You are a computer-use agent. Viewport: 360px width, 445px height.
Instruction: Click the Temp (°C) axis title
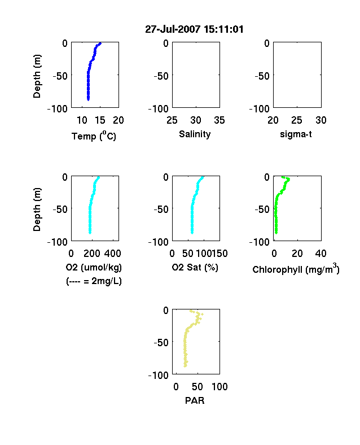pos(94,136)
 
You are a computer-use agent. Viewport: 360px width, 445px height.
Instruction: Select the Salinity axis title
pos(195,134)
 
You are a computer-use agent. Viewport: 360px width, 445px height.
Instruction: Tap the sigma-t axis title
pos(296,134)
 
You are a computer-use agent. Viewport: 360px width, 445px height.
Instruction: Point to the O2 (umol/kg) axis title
pos(94,267)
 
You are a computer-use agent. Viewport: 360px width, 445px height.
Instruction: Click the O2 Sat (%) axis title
pos(195,267)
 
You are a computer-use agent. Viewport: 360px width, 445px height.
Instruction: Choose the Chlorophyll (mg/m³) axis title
pos(296,269)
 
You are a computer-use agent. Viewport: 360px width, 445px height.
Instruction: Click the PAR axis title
pos(195,400)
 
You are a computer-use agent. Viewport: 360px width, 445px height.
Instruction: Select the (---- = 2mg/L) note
pos(94,281)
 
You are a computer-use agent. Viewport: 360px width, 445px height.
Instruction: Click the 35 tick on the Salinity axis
pos(219,120)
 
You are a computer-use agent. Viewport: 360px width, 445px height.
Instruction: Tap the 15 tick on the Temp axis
pos(100,120)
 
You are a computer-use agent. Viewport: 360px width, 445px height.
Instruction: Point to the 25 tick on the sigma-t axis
pos(296,120)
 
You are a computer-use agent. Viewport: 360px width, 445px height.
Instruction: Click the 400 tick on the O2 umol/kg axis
pos(112,254)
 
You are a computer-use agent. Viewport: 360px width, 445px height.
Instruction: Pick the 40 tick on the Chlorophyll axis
pos(321,254)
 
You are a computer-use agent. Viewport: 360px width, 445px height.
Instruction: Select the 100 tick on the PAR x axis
pos(219,387)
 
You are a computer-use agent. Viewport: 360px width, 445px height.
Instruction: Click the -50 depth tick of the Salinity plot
pos(161,76)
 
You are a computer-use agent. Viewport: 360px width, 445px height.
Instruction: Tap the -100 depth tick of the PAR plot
pos(159,376)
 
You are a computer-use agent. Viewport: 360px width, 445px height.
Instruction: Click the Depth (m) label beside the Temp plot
pos(37,76)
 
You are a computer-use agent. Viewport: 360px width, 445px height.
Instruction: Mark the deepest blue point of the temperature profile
pos(88,99)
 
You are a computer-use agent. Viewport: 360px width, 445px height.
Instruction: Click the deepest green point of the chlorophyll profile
pos(276,233)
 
